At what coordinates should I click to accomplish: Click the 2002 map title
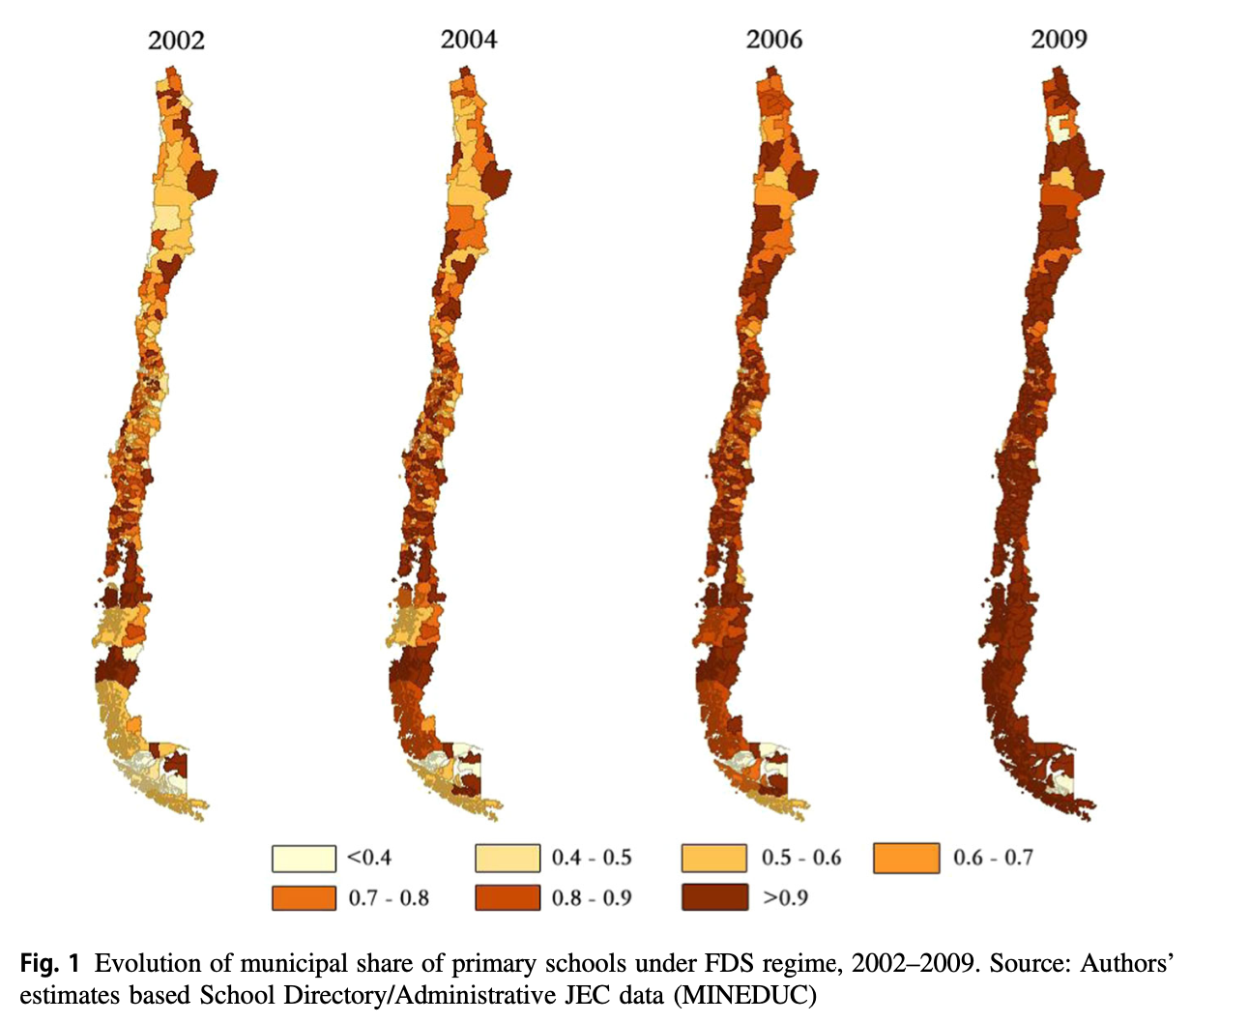[176, 40]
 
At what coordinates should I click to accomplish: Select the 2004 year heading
[469, 40]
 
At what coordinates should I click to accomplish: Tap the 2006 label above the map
[773, 40]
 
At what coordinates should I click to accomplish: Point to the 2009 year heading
[1059, 40]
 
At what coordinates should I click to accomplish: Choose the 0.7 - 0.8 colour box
[304, 898]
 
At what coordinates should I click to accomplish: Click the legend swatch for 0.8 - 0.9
[507, 898]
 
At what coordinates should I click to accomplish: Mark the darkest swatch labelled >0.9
[713, 898]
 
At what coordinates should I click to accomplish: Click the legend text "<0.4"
[369, 858]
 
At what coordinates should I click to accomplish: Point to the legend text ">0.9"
[785, 898]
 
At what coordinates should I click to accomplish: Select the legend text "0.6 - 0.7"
[993, 858]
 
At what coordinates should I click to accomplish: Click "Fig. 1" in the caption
[51, 964]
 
